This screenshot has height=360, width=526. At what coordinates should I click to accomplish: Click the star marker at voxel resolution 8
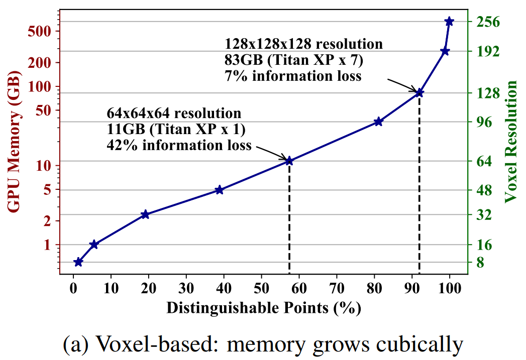78,262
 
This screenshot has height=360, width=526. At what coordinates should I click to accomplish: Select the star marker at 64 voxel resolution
289,161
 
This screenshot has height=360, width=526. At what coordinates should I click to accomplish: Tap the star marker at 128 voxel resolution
419,92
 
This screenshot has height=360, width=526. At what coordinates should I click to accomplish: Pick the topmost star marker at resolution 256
449,21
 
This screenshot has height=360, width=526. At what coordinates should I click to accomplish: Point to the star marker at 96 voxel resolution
378,122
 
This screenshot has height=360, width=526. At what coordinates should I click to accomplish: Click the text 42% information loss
179,146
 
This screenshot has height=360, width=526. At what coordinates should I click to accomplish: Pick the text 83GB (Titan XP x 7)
293,60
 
